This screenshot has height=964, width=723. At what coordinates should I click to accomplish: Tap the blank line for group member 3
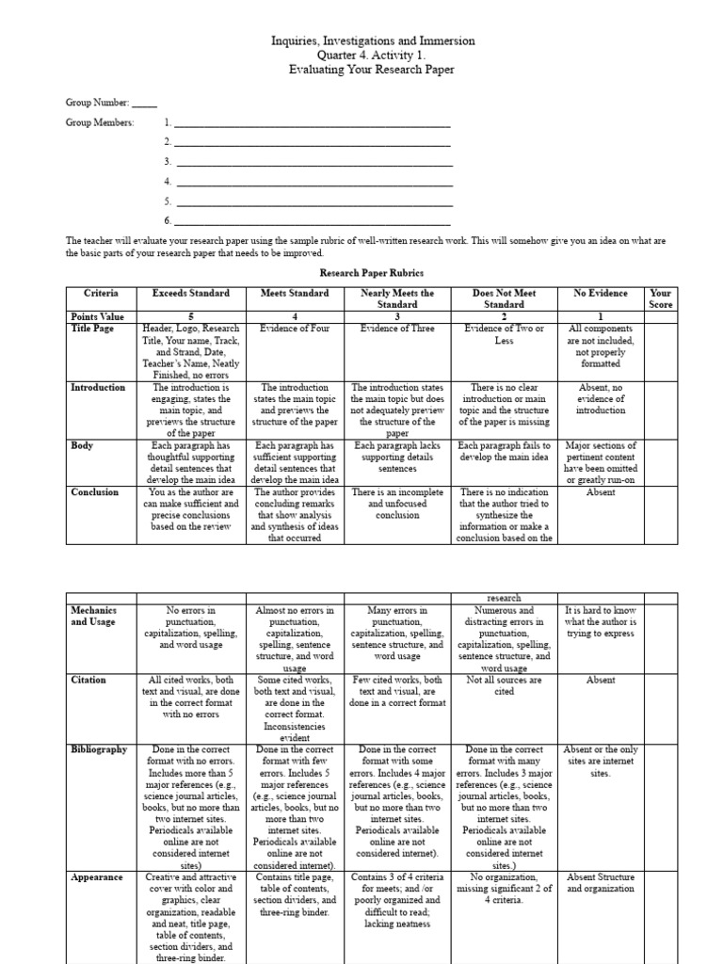tap(314, 161)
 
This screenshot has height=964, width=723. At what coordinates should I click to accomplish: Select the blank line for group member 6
tap(314, 220)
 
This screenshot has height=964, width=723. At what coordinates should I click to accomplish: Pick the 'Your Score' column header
tap(661, 298)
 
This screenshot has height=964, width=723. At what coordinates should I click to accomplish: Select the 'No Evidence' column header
tap(600, 294)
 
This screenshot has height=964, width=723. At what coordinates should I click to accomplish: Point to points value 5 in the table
tap(190, 316)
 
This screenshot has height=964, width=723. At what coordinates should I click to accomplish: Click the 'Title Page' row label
tap(92, 328)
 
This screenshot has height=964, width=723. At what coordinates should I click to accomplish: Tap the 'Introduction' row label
tap(98, 387)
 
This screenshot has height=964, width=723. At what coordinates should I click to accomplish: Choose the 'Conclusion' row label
tap(95, 491)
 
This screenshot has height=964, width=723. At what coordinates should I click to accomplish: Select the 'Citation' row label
tap(89, 679)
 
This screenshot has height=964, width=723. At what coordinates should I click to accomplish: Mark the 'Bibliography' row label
tap(99, 749)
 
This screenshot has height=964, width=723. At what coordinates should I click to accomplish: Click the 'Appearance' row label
tap(97, 876)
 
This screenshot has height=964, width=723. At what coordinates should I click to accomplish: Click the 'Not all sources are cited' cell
tap(505, 684)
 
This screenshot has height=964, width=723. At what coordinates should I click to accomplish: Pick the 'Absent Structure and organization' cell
tap(600, 882)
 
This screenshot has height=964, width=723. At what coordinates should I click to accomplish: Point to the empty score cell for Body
tap(661, 461)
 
